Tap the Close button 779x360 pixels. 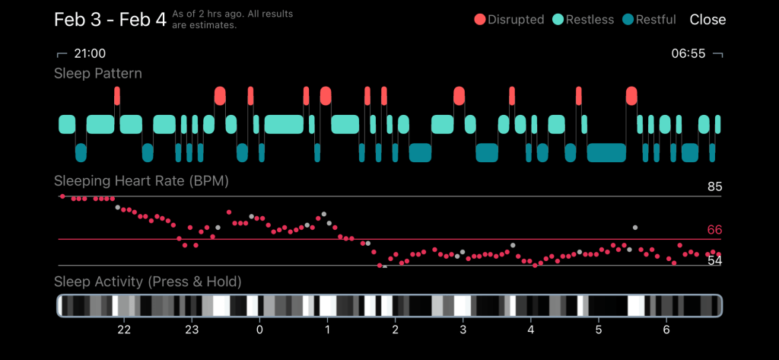point(707,20)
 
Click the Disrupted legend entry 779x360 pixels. point(509,20)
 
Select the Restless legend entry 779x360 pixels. point(584,20)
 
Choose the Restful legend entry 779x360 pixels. point(649,20)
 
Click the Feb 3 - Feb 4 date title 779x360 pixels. point(110,19)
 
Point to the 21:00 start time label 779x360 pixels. point(89,54)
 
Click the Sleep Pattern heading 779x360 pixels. point(97,74)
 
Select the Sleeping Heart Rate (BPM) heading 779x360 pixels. point(141,181)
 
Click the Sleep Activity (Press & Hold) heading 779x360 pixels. point(148,282)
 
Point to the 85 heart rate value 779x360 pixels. point(714,186)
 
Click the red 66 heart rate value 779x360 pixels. point(714,230)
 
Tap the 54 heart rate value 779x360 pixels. point(714,261)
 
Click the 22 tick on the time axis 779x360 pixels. point(124,330)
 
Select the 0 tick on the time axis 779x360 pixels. point(259,330)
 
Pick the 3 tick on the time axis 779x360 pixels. point(463,330)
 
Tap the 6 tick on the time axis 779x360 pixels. point(666,330)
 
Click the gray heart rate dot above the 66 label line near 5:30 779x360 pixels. point(634,227)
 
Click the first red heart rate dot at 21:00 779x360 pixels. point(62,196)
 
